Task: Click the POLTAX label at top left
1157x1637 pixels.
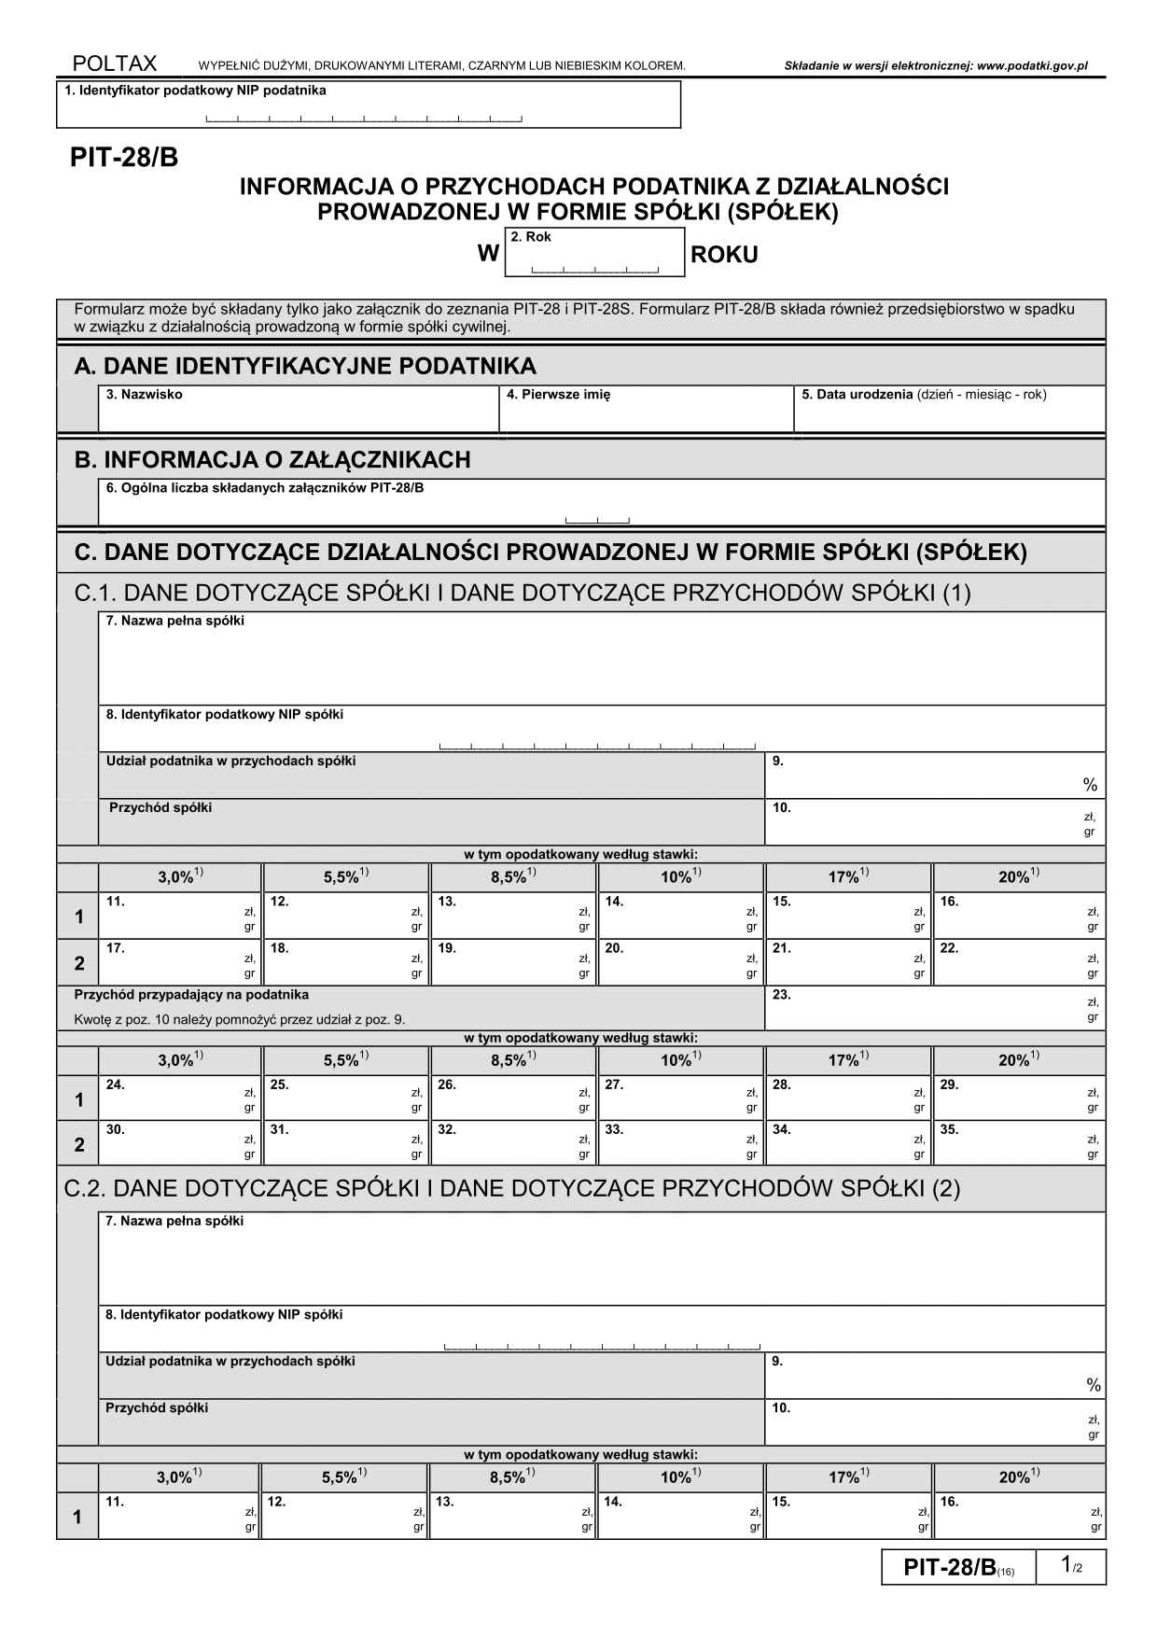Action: [115, 63]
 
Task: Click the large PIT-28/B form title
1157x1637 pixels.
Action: [124, 159]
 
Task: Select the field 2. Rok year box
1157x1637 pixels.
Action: [594, 253]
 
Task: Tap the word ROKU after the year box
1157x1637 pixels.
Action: [724, 255]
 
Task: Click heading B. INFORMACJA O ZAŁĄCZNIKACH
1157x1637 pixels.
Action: [272, 459]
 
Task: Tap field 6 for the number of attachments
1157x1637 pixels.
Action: [601, 504]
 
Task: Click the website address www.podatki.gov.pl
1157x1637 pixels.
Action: [1032, 66]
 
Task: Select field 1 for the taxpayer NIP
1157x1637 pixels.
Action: [368, 105]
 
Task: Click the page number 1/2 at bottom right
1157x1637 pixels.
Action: [1071, 1566]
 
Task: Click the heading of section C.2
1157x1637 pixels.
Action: [511, 1188]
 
